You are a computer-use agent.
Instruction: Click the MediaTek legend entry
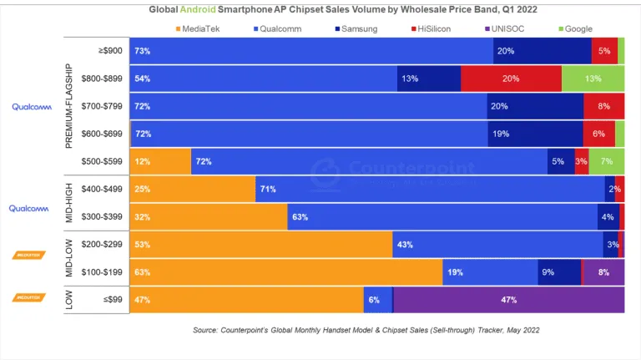click(x=200, y=28)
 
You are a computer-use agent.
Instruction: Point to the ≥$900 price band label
click(x=110, y=51)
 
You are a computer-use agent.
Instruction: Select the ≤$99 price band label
click(x=110, y=299)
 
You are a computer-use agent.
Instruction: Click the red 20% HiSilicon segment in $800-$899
click(x=511, y=79)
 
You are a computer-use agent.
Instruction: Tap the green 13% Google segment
click(x=593, y=79)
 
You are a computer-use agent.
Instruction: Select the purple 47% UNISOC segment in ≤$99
click(x=508, y=299)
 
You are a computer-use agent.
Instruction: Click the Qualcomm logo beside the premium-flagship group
click(x=32, y=107)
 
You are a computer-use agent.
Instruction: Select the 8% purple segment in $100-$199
click(x=603, y=271)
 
